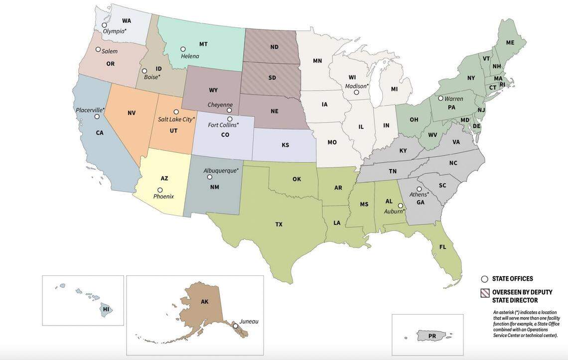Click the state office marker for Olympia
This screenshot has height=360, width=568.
pos(104,25)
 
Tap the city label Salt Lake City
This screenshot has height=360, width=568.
pos(176,120)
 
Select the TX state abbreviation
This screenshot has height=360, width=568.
pos(279,224)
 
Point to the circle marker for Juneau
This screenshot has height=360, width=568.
pos(236,326)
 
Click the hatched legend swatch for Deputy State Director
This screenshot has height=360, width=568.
pos(484,293)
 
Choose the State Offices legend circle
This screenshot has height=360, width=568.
pos(484,279)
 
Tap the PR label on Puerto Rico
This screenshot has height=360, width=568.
pos(432,336)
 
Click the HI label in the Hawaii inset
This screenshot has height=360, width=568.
pos(106,309)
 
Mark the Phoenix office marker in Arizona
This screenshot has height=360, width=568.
pos(160,190)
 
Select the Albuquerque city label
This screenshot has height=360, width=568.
pos(221,171)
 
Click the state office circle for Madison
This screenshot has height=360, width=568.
pos(356,92)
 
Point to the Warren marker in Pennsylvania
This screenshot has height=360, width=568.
pos(440,98)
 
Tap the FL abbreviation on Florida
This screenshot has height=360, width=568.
pos(442,247)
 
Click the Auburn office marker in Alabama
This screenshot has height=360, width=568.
pos(400,205)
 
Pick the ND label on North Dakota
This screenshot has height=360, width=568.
pos(274,47)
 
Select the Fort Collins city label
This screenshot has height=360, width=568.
pos(223,125)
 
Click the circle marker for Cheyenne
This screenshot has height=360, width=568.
pos(229,110)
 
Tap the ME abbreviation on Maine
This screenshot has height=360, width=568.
pos(510,43)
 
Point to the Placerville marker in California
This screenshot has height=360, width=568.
pos(97,117)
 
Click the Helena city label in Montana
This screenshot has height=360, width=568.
pos(190,56)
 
